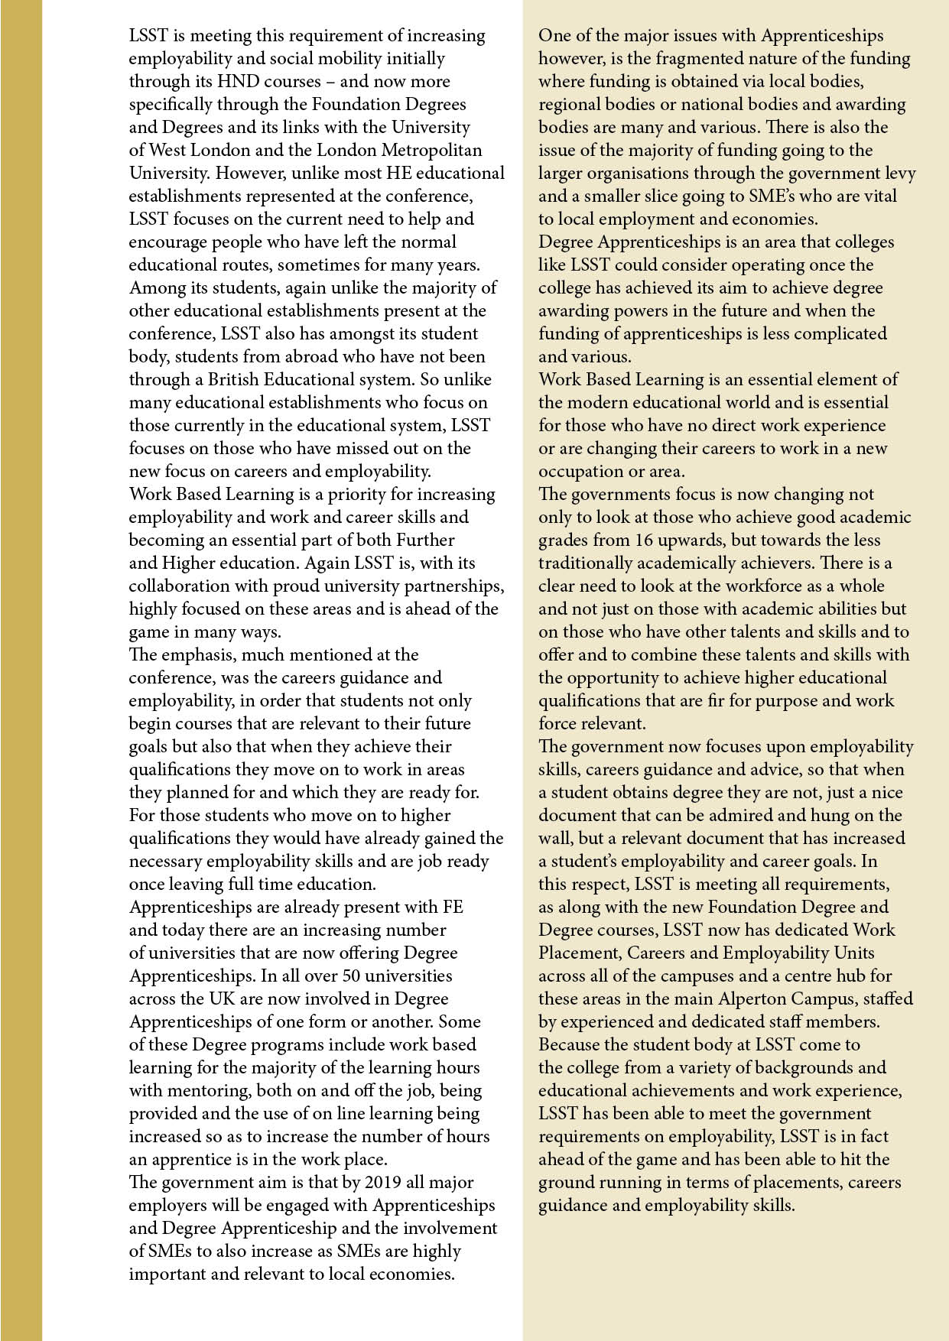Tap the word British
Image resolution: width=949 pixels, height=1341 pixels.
pos(239,380)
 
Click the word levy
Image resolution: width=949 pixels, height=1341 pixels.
pos(900,174)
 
